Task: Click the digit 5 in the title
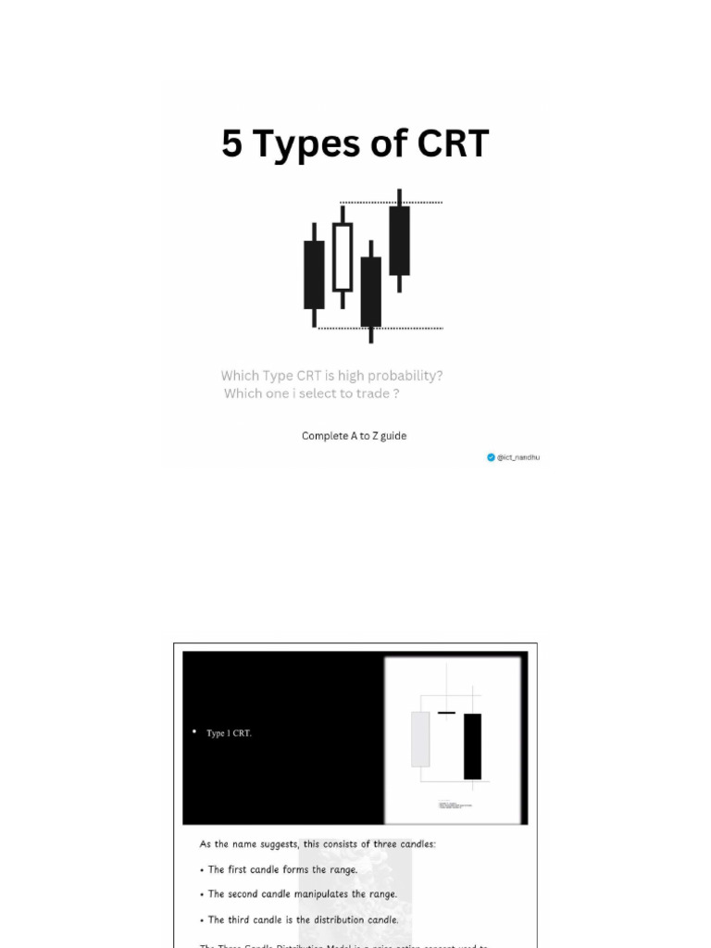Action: pyautogui.click(x=231, y=144)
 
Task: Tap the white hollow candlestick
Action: pyautogui.click(x=343, y=256)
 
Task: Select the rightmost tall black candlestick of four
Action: pyautogui.click(x=399, y=241)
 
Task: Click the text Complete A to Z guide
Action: pyautogui.click(x=354, y=436)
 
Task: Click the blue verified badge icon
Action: pyautogui.click(x=492, y=457)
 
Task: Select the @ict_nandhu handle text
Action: pyautogui.click(x=518, y=457)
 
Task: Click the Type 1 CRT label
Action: pyautogui.click(x=229, y=733)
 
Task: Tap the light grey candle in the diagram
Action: pyautogui.click(x=420, y=739)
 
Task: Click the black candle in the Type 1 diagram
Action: pyautogui.click(x=472, y=746)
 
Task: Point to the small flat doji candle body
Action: pyautogui.click(x=446, y=713)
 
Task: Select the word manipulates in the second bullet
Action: pyautogui.click(x=318, y=894)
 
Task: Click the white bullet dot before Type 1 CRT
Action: pyautogui.click(x=194, y=732)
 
